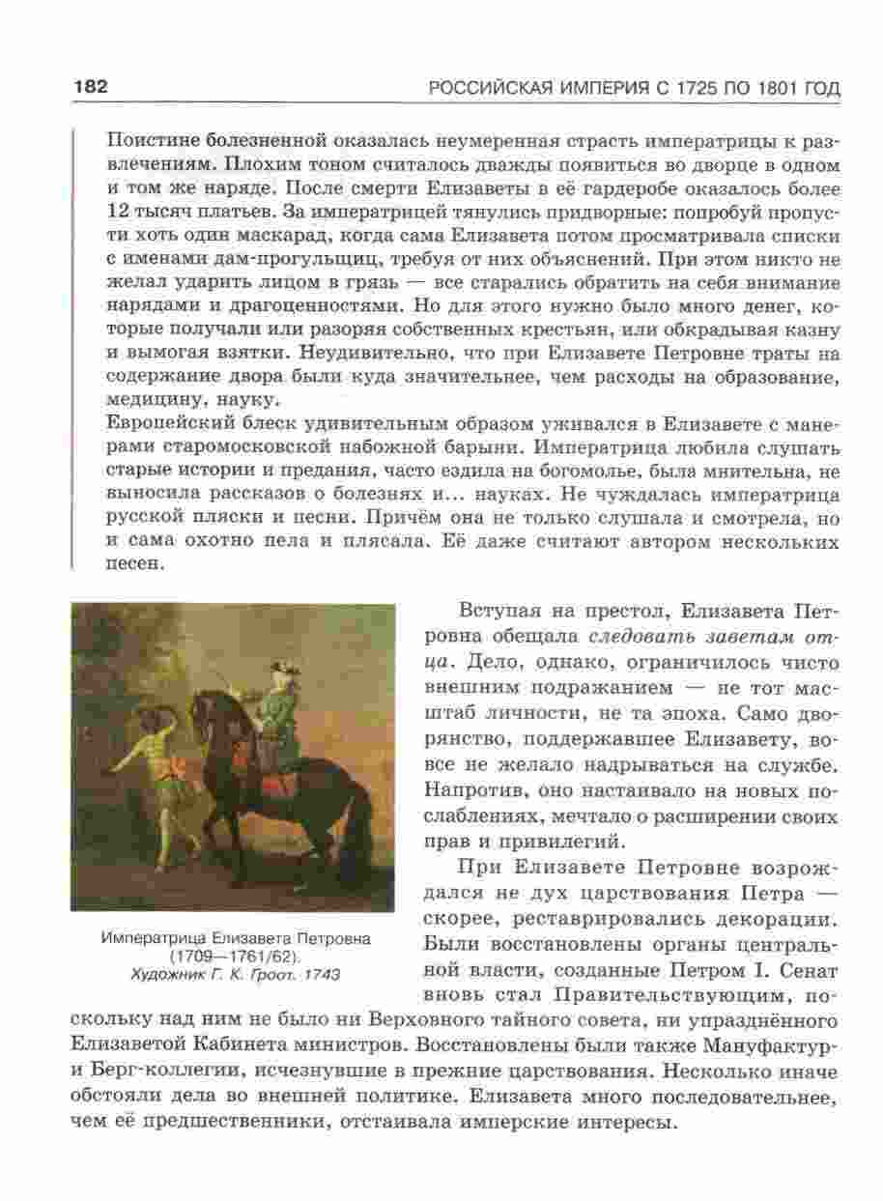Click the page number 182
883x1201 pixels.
[x=90, y=87]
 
